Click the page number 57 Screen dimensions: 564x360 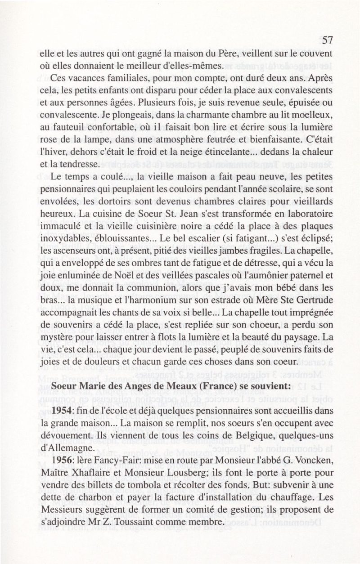(x=327, y=40)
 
